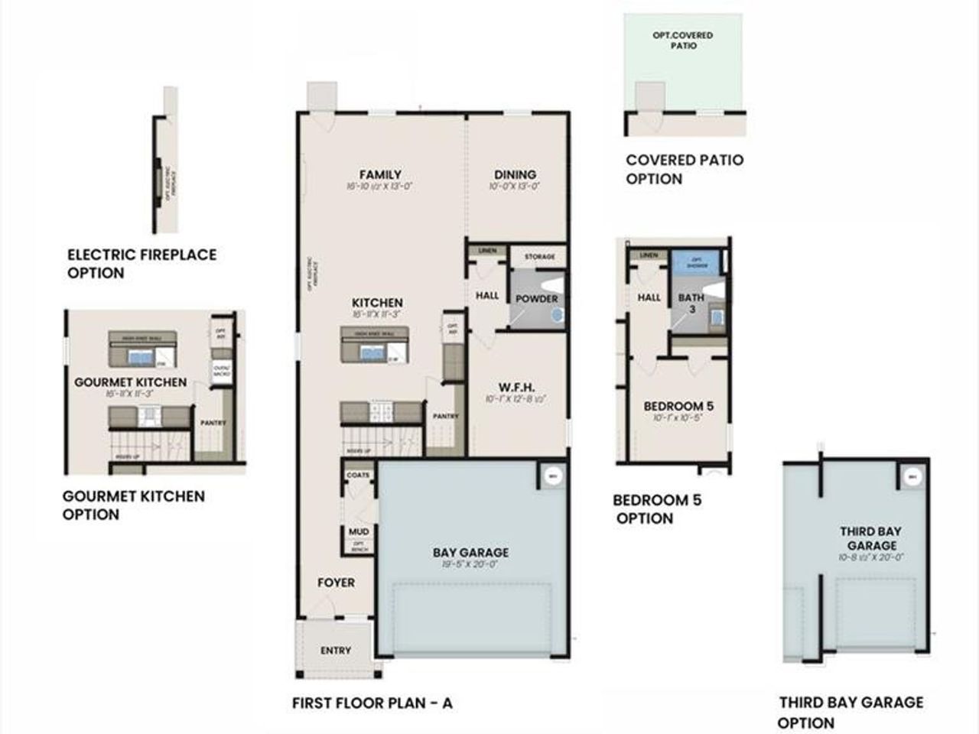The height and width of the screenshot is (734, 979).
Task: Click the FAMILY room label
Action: [380, 174]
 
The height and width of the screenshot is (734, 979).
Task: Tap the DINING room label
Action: [515, 174]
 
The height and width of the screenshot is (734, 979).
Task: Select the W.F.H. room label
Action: [518, 387]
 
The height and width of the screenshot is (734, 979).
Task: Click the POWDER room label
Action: [536, 298]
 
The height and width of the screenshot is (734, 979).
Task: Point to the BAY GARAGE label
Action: [470, 552]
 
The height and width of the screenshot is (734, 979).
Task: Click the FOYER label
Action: [337, 583]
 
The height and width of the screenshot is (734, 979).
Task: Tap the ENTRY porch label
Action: [336, 650]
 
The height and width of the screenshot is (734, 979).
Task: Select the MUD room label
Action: [358, 531]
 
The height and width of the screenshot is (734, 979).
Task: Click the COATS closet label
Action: [358, 475]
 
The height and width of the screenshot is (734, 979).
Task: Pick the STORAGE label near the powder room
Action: [539, 257]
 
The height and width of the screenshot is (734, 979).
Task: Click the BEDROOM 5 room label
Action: [678, 406]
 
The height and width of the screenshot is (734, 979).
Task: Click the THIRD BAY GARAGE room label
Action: [870, 538]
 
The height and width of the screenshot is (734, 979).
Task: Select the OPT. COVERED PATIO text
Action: [682, 41]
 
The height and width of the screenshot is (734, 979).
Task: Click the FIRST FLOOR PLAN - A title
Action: [372, 703]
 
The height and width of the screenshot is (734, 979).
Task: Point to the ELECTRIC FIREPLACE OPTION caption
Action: [142, 263]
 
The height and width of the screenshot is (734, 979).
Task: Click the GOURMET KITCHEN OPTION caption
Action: [134, 505]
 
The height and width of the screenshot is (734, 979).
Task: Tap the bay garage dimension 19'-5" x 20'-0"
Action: [470, 564]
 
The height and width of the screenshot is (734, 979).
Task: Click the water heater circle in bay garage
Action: [552, 476]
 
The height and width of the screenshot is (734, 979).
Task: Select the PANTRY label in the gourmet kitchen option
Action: [212, 422]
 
